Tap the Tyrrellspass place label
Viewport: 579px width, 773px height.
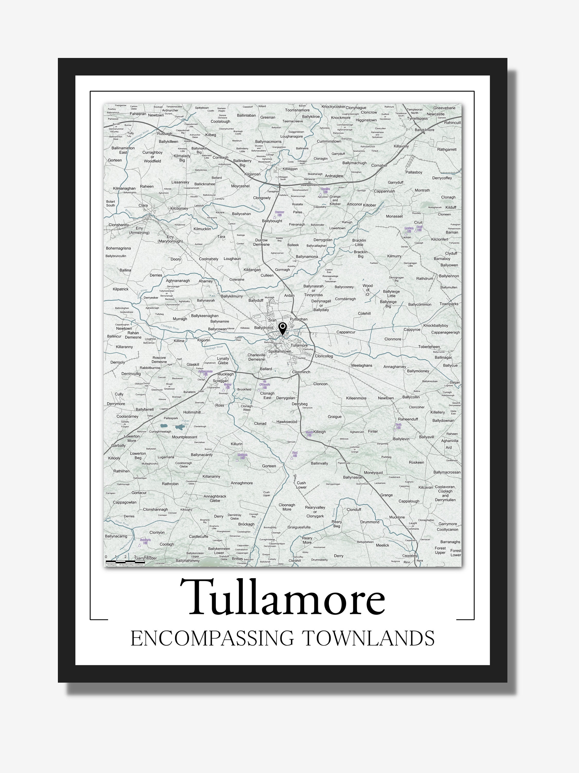(x=417, y=119)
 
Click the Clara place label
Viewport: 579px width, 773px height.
(x=143, y=205)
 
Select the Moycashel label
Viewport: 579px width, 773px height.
(x=240, y=186)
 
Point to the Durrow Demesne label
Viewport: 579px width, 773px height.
(x=261, y=242)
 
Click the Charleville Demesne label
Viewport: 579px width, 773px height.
(x=257, y=357)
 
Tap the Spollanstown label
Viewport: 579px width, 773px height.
(x=279, y=351)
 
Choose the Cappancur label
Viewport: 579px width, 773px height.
(x=346, y=332)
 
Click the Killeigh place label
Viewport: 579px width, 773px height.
(x=319, y=432)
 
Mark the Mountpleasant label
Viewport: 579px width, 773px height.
(x=185, y=437)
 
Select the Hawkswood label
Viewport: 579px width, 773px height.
(x=286, y=422)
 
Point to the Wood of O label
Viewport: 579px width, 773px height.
(x=367, y=290)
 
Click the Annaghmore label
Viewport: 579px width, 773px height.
(x=242, y=483)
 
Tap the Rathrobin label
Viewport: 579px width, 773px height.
(x=170, y=484)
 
